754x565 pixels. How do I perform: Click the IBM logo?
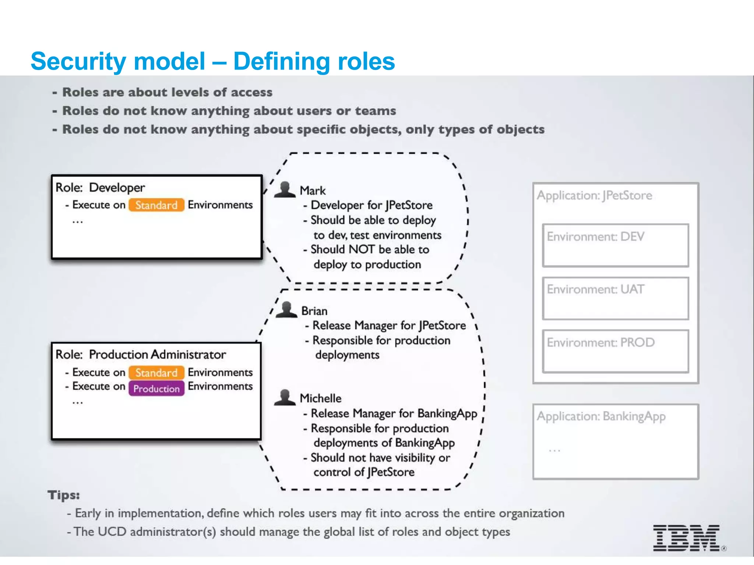(686, 538)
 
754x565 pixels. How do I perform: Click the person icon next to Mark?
(285, 190)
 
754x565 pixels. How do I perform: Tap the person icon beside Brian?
(286, 310)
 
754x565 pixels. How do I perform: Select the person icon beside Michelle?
(285, 398)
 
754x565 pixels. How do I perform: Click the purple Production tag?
(156, 389)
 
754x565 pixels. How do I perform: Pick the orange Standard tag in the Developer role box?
(156, 205)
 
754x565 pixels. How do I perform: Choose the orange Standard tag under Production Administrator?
(156, 373)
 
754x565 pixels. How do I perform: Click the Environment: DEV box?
(615, 245)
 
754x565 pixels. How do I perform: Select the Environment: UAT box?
(615, 298)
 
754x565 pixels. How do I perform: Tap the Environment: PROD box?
(615, 351)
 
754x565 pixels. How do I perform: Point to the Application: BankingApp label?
(601, 416)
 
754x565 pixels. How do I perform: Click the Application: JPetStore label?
(594, 195)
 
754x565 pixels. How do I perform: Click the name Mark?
(313, 191)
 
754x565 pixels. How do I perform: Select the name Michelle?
(320, 398)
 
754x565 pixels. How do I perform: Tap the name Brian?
(314, 311)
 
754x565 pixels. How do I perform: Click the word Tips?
(63, 495)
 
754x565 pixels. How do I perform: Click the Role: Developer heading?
(100, 188)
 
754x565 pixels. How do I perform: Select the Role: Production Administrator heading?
(141, 355)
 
